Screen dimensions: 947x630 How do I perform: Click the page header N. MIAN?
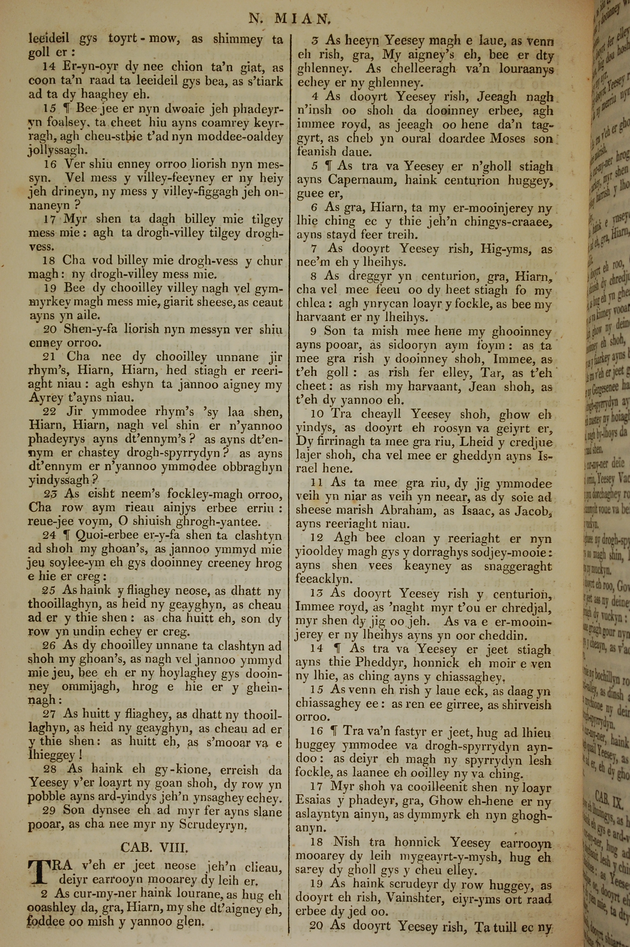pos(289,19)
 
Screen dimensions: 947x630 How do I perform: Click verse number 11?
pos(318,483)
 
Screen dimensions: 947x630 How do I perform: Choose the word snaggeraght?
pos(517,566)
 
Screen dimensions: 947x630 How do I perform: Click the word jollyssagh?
pos(57,151)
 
